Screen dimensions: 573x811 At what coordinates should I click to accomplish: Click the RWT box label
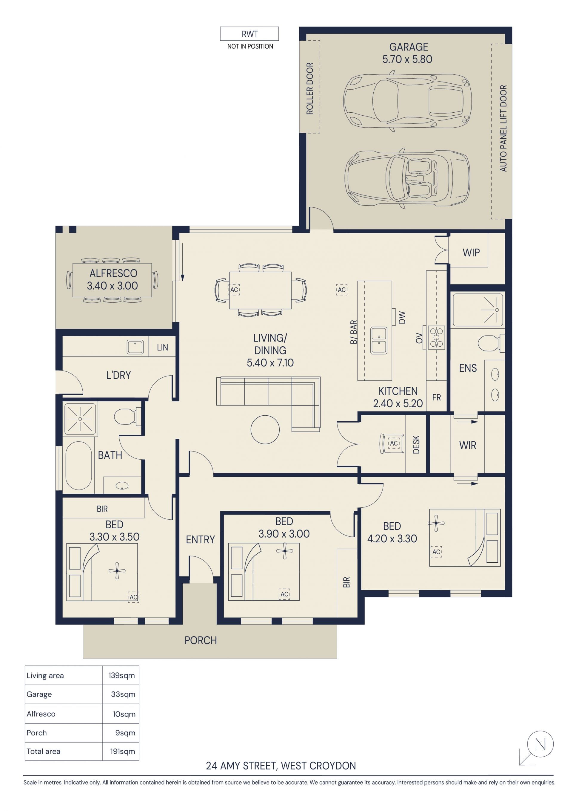249,34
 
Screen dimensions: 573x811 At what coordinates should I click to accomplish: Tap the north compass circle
540,744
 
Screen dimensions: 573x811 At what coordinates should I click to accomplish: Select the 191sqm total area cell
122,751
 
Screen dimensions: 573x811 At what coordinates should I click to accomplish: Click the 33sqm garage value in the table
123,694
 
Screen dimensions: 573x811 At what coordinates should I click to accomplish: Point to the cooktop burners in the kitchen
436,338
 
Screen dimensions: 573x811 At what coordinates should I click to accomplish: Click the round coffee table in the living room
265,429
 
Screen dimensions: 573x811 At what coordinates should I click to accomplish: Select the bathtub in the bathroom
79,466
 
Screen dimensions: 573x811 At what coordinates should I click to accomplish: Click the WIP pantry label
471,253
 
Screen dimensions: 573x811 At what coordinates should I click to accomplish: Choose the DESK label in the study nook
416,444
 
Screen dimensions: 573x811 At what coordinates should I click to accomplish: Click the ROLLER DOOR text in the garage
310,89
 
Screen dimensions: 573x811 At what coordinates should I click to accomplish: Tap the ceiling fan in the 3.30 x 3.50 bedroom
117,570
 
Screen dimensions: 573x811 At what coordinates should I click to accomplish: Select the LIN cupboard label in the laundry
162,348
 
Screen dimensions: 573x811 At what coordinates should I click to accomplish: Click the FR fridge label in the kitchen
436,397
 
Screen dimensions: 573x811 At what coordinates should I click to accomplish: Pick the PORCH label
201,640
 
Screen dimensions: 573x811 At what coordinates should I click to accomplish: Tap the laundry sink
135,347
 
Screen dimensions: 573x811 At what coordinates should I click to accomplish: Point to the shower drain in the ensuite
496,310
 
